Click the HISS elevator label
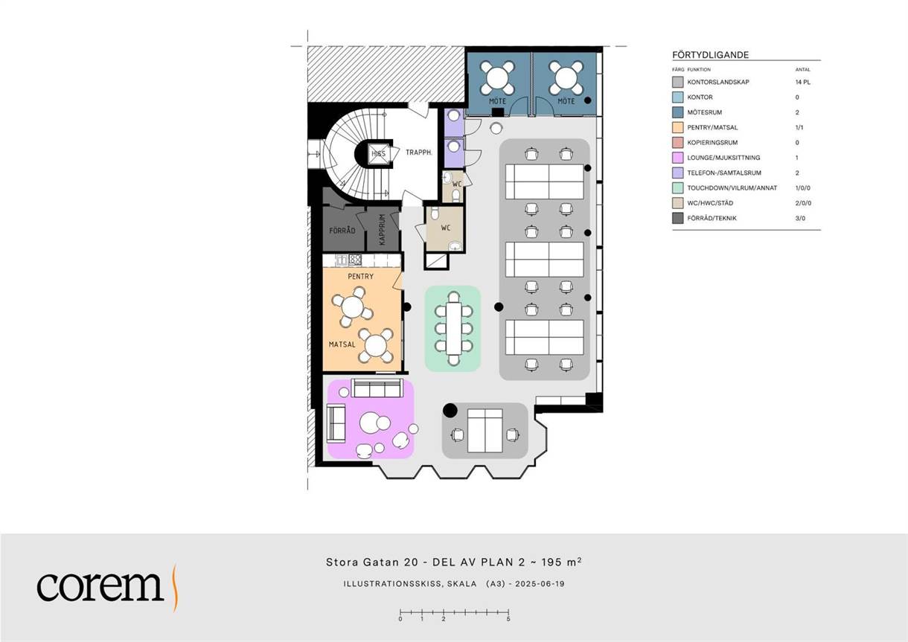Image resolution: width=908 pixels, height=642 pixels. (379, 153)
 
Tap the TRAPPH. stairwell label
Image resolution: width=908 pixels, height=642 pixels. (419, 153)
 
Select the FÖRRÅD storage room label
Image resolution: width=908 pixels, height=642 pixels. (342, 231)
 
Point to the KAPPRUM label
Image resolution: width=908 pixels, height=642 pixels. (382, 229)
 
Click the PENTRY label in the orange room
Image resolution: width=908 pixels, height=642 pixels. (360, 276)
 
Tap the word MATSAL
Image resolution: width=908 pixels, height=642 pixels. (342, 344)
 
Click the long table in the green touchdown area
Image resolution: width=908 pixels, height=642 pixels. (453, 328)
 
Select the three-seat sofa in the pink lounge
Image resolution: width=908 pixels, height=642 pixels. (377, 388)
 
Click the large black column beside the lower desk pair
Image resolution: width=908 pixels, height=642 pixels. (450, 411)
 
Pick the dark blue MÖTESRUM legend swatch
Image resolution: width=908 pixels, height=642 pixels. (677, 112)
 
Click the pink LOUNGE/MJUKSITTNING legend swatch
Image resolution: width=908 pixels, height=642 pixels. (677, 158)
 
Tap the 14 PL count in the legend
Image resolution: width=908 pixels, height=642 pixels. (802, 82)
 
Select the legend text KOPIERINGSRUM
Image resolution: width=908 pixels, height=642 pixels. (712, 143)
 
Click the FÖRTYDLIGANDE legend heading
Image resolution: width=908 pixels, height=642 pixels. (710, 55)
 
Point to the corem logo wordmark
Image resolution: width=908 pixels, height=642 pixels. (100, 586)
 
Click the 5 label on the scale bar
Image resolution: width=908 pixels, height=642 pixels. (508, 619)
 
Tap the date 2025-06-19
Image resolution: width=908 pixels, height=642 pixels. (540, 584)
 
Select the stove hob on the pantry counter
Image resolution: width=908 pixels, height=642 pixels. (355, 260)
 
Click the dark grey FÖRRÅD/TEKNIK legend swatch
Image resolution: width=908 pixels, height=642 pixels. (677, 218)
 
